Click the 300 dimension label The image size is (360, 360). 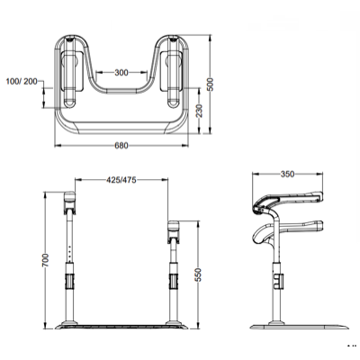click(121, 73)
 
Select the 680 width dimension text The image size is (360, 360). click(121, 146)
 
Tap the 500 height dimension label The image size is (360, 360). click(211, 85)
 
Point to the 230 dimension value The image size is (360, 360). click(200, 111)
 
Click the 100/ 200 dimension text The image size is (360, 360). click(22, 81)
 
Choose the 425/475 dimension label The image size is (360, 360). click(121, 180)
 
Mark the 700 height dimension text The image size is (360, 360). click(45, 260)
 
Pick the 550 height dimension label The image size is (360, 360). click(198, 274)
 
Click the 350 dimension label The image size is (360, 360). click(287, 174)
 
